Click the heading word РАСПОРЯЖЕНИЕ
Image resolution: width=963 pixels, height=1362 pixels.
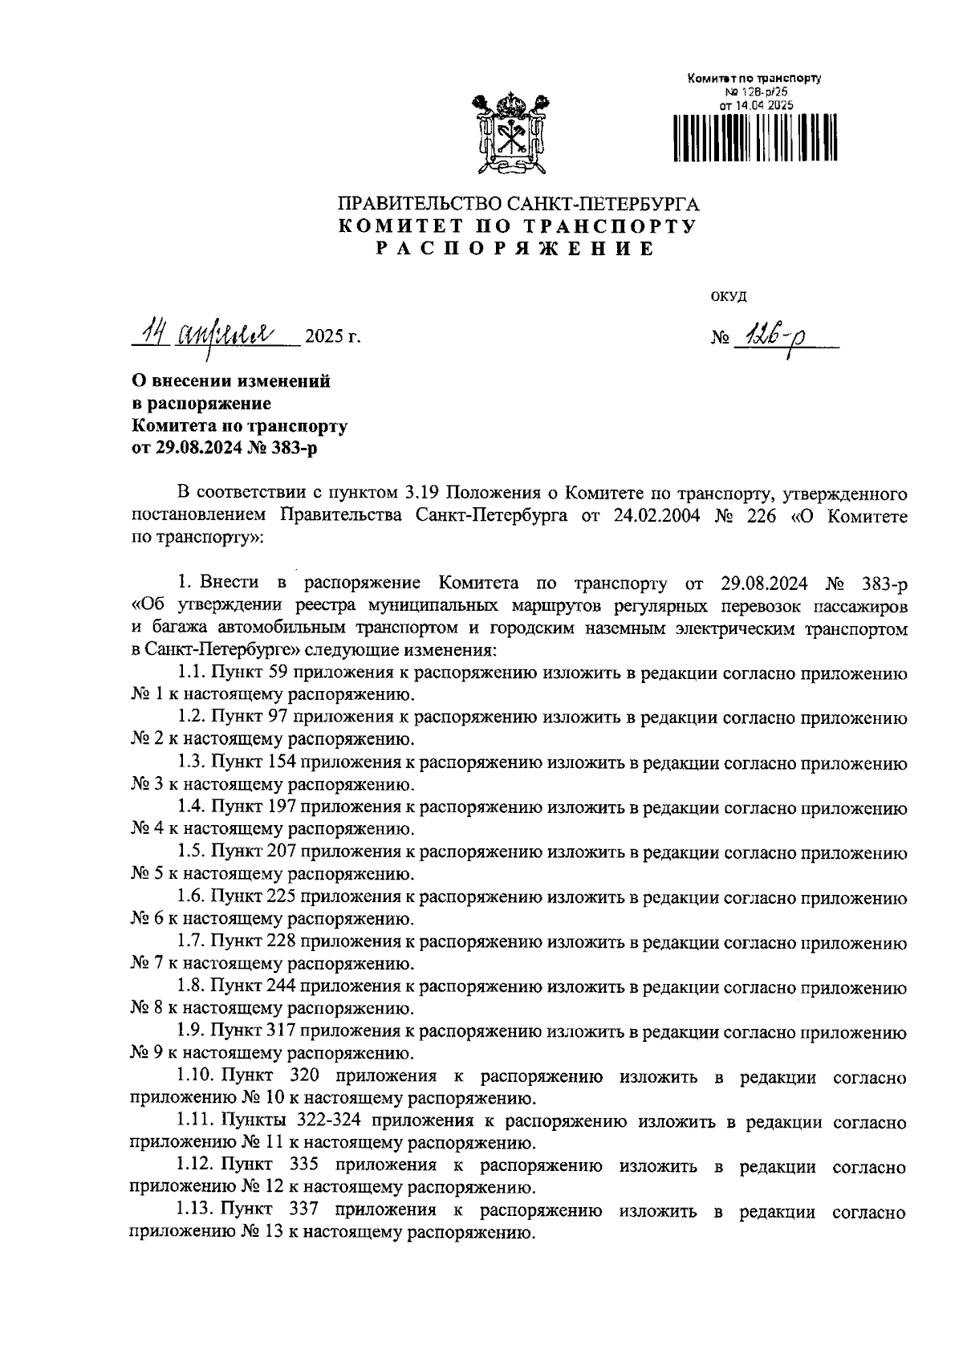click(517, 249)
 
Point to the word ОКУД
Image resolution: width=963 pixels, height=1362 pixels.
click(729, 297)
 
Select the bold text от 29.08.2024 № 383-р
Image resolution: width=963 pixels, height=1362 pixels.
click(224, 448)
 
